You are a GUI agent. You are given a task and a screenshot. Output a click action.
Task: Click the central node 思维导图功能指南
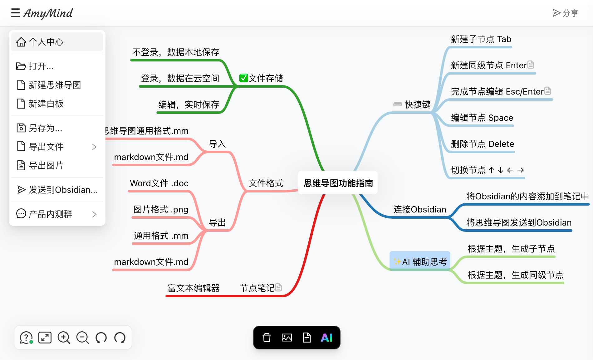click(x=338, y=183)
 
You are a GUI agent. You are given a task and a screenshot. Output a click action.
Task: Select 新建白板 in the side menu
click(x=46, y=104)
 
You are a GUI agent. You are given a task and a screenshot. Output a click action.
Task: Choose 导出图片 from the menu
click(x=46, y=165)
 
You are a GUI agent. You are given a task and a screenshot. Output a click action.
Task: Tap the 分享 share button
click(x=566, y=13)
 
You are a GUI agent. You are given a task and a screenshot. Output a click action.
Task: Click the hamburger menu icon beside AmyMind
click(x=16, y=13)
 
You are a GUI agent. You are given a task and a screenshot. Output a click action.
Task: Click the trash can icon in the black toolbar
click(x=267, y=338)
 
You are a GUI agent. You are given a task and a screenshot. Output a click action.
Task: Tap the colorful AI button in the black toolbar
click(x=326, y=338)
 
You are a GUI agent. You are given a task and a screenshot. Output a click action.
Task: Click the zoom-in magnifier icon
click(x=64, y=338)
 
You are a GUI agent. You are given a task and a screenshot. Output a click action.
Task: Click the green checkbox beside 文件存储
click(x=243, y=78)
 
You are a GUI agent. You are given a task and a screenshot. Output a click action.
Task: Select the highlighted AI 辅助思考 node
click(x=420, y=261)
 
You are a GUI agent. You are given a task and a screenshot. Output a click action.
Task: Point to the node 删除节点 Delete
click(x=482, y=144)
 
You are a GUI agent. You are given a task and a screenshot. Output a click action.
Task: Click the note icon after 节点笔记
click(x=279, y=287)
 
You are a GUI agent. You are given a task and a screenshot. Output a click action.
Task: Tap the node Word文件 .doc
click(x=159, y=183)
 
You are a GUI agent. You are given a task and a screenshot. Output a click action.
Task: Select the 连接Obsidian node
click(x=419, y=209)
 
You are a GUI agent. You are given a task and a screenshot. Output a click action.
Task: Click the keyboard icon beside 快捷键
click(x=397, y=105)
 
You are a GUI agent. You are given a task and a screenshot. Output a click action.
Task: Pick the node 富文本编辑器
click(x=194, y=288)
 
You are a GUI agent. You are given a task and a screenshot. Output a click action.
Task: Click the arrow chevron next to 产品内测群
click(x=94, y=214)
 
